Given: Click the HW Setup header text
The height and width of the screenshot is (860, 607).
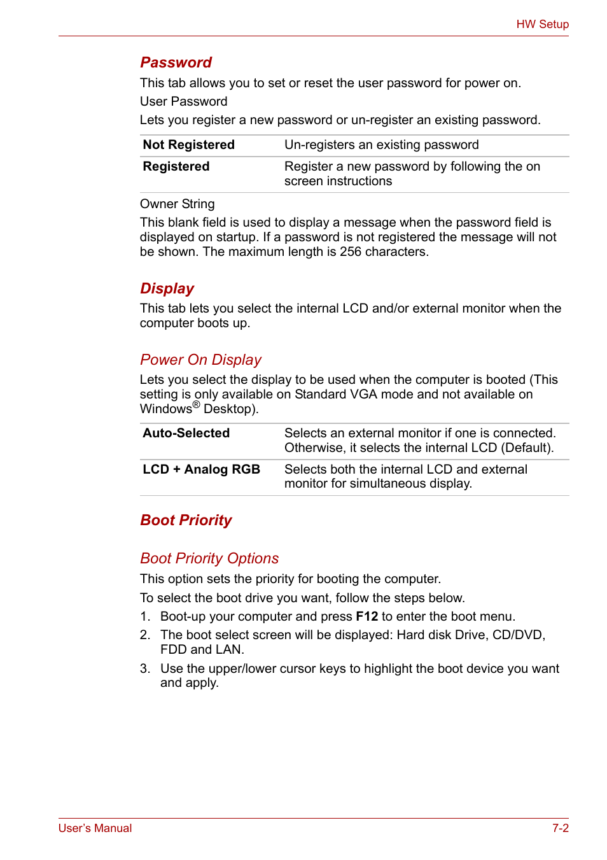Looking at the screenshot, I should [542, 24].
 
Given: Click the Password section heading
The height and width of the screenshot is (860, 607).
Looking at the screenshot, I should [176, 62].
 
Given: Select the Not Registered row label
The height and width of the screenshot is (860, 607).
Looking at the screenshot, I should [188, 145].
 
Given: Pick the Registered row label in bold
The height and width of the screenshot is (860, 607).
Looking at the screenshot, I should [176, 167].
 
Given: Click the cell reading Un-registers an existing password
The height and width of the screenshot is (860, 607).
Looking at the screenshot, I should [381, 145].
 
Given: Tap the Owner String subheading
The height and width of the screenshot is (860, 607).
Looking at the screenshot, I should [177, 204].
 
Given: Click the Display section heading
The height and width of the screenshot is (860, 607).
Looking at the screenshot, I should [167, 288].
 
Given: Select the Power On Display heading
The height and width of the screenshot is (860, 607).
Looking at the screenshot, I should [200, 360].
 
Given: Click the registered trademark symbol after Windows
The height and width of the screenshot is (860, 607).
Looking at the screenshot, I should [196, 405].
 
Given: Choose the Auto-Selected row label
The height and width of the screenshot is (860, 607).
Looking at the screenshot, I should [186, 434].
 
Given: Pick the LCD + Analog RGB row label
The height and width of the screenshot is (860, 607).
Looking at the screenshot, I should [201, 470].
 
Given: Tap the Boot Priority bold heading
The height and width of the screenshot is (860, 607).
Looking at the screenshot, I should [186, 520].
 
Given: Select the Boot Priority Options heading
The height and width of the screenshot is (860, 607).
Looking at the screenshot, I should [209, 558].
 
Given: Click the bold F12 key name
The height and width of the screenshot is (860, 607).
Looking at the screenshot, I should [366, 617].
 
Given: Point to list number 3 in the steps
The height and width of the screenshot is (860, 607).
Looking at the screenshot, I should [144, 668].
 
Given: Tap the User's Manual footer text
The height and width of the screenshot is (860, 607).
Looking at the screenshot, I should [95, 828].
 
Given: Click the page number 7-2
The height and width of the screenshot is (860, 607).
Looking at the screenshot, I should [560, 828].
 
